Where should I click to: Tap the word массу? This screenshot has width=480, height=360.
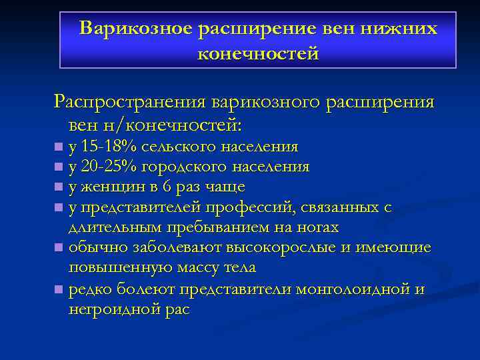pos(187,268)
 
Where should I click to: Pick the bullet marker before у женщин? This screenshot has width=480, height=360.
pos(59,187)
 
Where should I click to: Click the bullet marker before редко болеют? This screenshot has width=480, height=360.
pos(59,289)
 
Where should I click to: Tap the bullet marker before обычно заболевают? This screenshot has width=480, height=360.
pos(59,248)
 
